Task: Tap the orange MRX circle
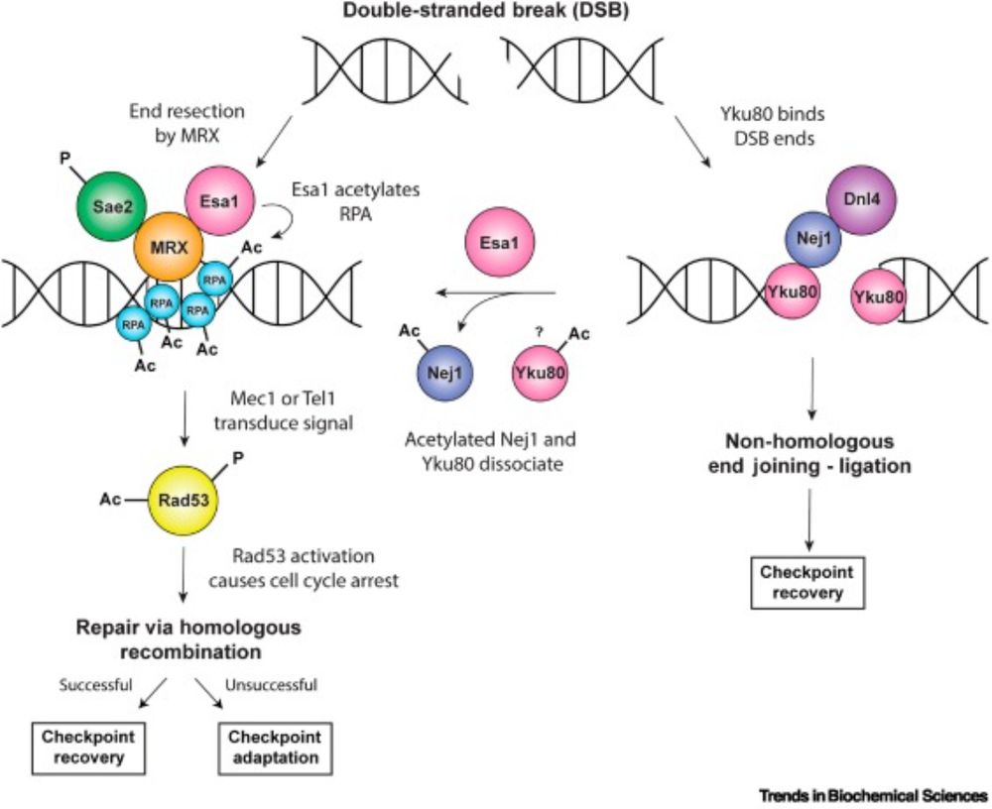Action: click(x=169, y=241)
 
